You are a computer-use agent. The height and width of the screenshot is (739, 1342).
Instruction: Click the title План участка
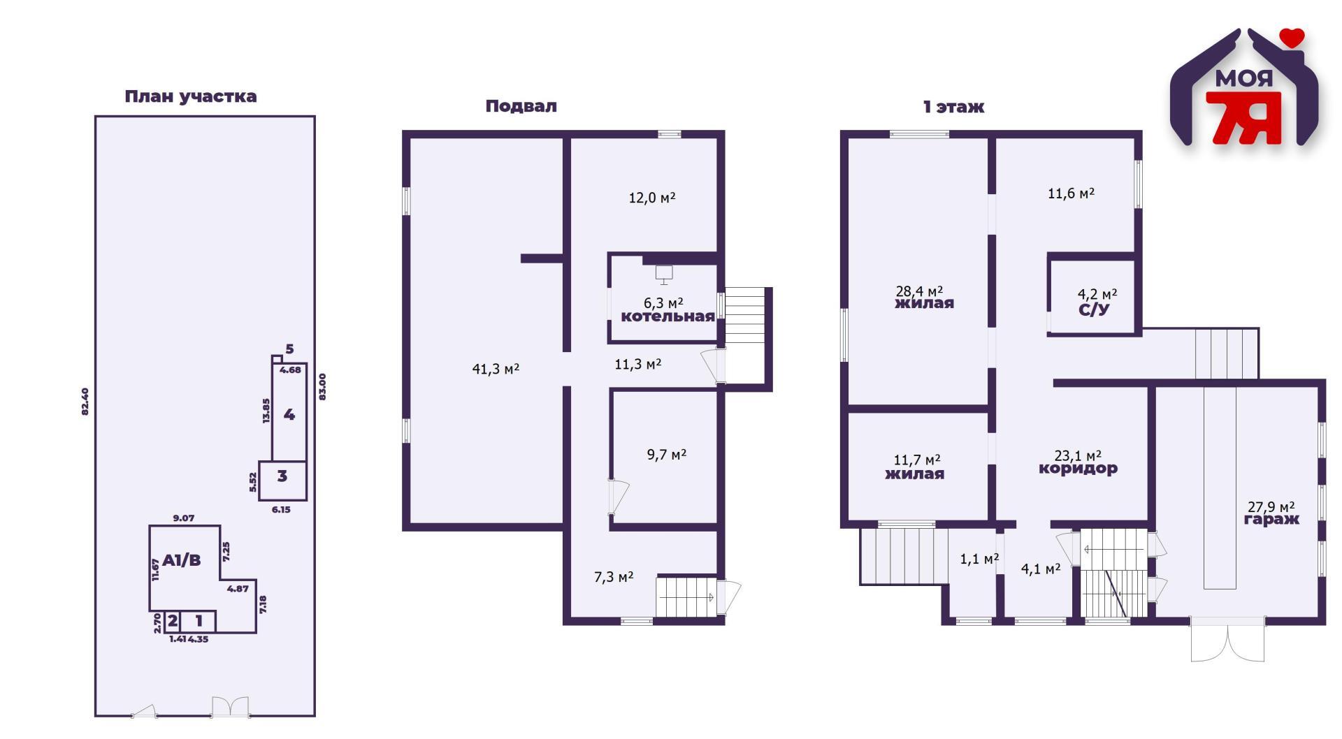191,96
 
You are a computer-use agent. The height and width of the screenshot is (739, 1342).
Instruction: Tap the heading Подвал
521,106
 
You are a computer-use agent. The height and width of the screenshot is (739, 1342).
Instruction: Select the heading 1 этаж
953,107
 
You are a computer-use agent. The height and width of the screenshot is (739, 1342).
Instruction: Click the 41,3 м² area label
496,369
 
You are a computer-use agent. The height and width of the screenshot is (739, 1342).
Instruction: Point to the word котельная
668,316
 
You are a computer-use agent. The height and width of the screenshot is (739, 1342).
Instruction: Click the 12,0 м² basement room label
652,198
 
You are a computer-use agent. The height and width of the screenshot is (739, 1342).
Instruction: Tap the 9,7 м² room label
667,455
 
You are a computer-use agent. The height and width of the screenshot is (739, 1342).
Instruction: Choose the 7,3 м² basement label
614,577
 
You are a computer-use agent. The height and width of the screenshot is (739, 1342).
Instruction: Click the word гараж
1271,520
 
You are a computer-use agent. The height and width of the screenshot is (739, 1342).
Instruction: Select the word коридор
1078,469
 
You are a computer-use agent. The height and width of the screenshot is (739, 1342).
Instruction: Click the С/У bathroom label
1094,309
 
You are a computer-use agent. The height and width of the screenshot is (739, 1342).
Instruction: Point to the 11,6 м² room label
1071,193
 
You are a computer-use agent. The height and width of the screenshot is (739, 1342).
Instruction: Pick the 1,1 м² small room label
979,559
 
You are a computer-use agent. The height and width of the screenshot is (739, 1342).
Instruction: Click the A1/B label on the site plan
182,560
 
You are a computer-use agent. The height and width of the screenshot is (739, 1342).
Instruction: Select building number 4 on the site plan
289,415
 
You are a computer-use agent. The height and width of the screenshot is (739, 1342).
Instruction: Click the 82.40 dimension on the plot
85,402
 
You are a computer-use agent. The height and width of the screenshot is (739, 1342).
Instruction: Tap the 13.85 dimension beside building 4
266,411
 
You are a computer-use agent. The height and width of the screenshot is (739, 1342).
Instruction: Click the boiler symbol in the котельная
664,275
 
